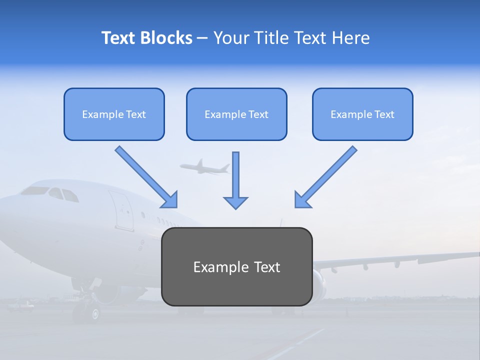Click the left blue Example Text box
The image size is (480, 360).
(114, 114)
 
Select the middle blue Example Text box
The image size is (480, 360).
(236, 114)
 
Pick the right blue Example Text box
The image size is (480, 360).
(362, 114)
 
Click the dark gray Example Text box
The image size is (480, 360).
(236, 266)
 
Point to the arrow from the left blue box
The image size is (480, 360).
(146, 177)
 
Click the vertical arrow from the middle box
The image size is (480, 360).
(235, 180)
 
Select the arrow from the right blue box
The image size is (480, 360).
(325, 177)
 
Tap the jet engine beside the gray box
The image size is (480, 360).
(318, 285)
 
